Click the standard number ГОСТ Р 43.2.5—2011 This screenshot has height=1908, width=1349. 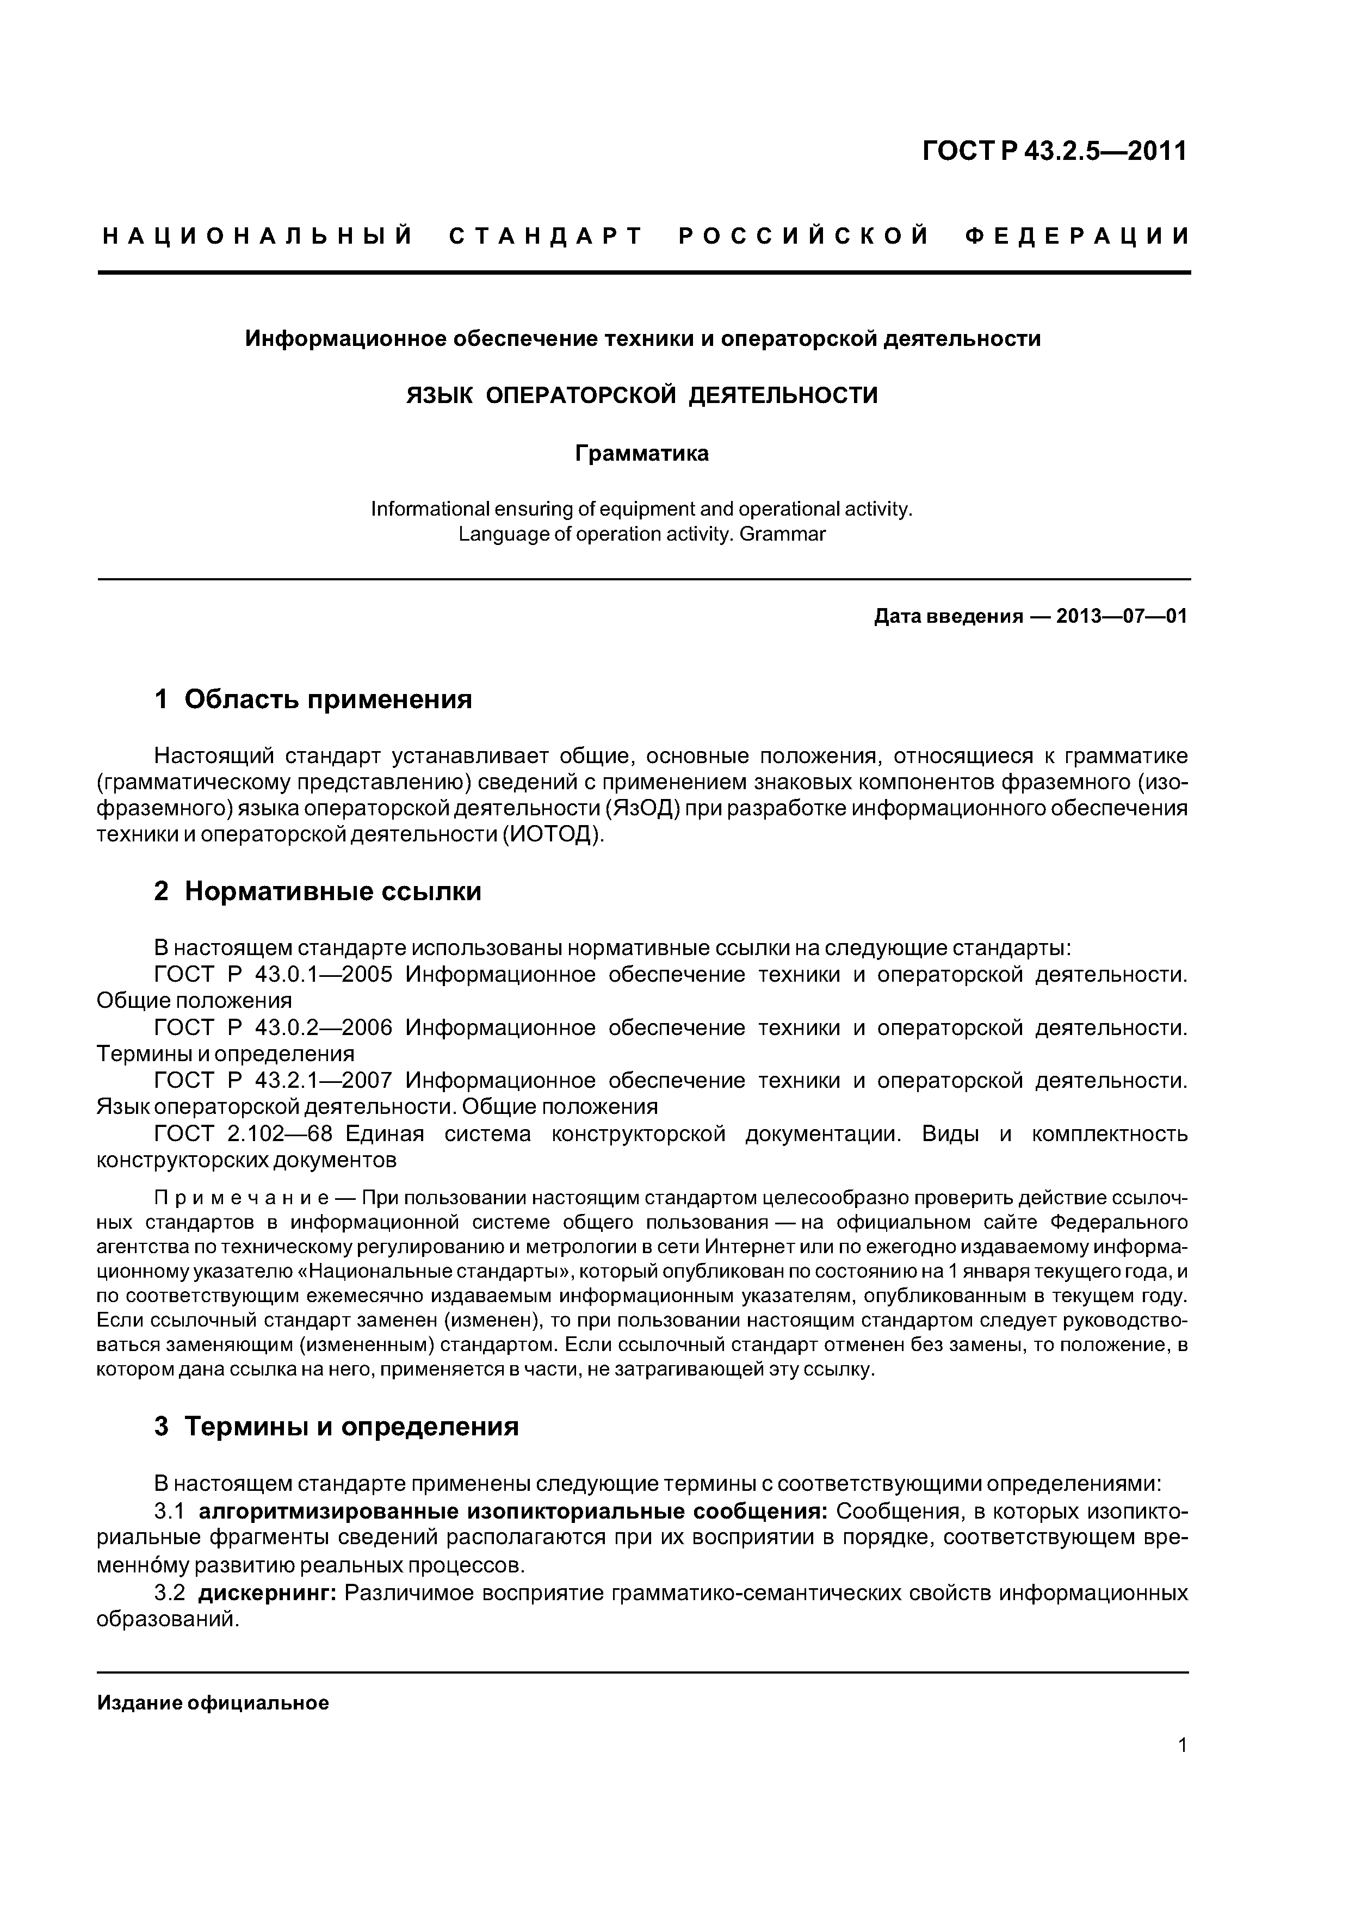[1055, 151]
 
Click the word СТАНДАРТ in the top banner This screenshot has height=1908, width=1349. [546, 237]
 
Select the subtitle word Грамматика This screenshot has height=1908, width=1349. [642, 454]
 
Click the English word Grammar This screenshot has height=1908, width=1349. [782, 534]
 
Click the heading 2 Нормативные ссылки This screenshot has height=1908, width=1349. [318, 891]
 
